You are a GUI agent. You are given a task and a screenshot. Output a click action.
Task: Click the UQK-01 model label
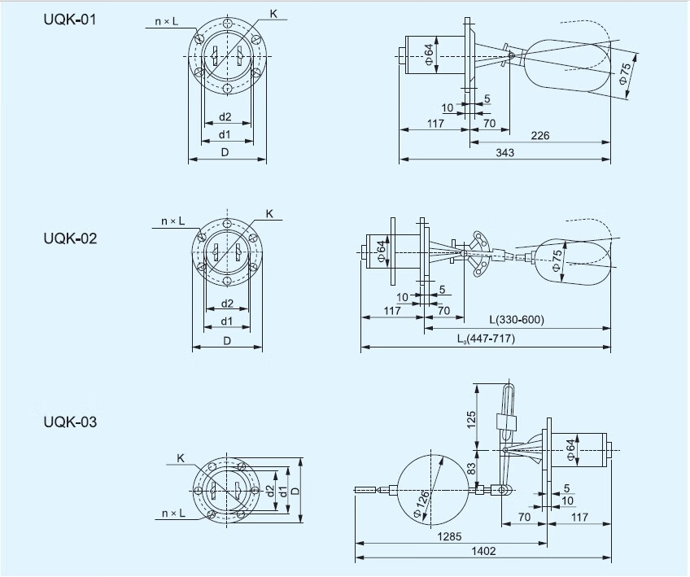point(69,20)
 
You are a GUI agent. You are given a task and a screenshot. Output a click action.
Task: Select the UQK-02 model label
point(70,238)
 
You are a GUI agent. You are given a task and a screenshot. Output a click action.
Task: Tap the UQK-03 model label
point(70,422)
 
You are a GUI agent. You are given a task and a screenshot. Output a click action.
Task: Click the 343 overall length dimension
point(504,153)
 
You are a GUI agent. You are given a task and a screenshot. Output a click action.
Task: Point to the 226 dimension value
point(540,136)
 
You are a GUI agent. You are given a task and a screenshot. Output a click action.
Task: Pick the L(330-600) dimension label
point(517,319)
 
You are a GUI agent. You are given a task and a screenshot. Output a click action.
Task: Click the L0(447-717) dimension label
point(486,339)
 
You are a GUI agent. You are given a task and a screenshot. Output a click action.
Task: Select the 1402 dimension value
point(483,551)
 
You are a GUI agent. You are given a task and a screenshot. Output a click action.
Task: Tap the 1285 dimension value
point(449,536)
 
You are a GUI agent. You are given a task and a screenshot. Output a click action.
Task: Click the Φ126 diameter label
point(421,505)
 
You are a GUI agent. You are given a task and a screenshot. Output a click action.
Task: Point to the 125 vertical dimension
point(471,419)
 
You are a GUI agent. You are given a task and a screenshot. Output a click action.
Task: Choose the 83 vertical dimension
point(471,468)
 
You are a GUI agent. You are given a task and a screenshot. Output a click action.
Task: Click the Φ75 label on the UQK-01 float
point(624,73)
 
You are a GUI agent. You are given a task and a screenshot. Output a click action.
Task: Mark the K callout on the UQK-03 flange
point(181,458)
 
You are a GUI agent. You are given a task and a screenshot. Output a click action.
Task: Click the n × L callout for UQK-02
point(173,221)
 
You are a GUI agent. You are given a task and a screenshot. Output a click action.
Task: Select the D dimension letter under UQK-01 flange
point(225,152)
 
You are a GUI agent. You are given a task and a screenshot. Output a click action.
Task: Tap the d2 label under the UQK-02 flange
point(227,304)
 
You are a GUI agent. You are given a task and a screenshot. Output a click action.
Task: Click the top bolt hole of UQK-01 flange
point(227,23)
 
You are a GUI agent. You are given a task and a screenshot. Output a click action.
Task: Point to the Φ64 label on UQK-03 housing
point(570,450)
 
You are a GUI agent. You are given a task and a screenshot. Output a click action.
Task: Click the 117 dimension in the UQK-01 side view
point(435,124)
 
